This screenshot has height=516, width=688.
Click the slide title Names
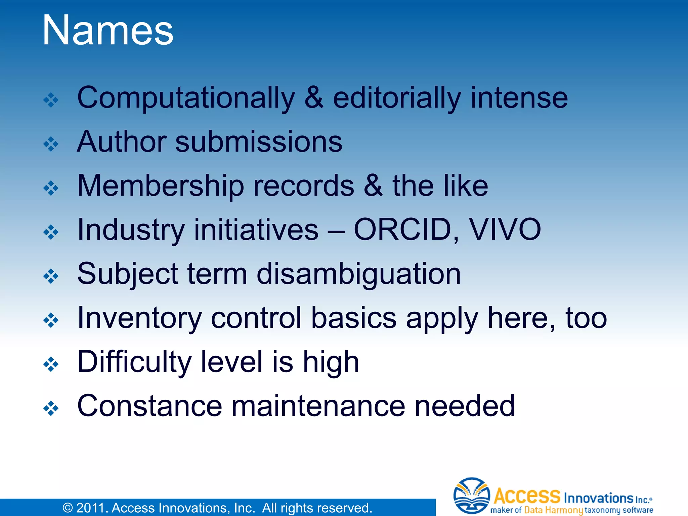(108, 31)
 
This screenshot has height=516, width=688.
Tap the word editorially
(397, 98)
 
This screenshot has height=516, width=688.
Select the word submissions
(259, 142)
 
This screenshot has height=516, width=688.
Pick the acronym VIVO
(505, 230)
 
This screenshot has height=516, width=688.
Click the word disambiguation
(358, 274)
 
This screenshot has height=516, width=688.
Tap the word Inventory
(139, 318)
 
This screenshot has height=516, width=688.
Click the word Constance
(149, 406)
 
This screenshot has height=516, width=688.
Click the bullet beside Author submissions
(51, 144)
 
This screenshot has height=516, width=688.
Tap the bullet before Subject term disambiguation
(51, 276)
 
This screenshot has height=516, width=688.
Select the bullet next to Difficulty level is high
(51, 364)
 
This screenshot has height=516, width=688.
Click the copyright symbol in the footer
(68, 508)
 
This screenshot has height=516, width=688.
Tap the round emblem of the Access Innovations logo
(471, 496)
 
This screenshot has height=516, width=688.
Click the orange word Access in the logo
(527, 496)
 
